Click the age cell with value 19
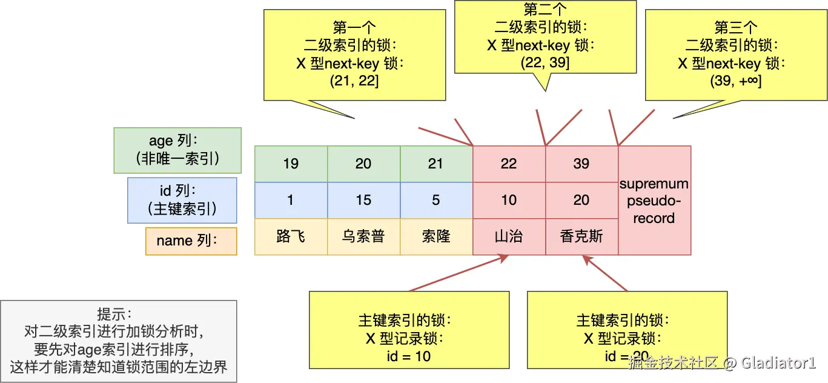coord(291,164)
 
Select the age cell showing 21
coord(436,164)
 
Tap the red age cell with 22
coord(509,164)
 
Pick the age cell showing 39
coord(581,164)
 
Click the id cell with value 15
coord(363,200)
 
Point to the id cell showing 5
coord(436,200)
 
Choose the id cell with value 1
coord(291,200)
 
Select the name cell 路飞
coord(291,236)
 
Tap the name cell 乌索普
coord(363,236)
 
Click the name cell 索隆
coord(436,236)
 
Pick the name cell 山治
coord(509,236)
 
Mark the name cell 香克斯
coord(581,236)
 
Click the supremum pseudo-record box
coord(654,200)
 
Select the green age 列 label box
coord(177,150)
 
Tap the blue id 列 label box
coord(182,200)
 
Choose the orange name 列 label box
coord(191,241)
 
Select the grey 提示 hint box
coord(118,341)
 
